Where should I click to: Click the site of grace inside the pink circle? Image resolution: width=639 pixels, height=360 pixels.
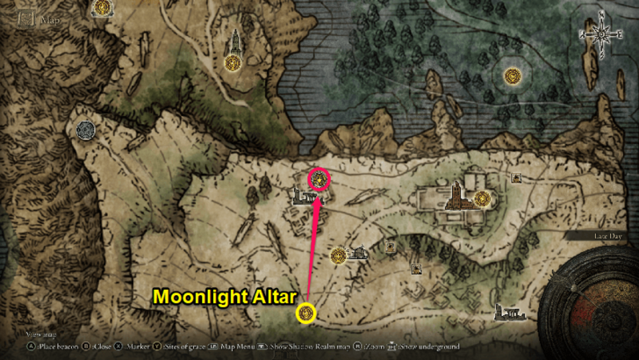320,180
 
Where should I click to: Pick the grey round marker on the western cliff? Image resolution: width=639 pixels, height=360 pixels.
85,130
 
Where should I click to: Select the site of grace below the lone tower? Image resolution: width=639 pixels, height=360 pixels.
233,63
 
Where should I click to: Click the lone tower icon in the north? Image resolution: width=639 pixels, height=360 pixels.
234,40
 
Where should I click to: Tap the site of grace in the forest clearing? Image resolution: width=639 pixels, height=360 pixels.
511,76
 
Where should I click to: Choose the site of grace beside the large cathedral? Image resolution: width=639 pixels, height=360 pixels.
480,199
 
